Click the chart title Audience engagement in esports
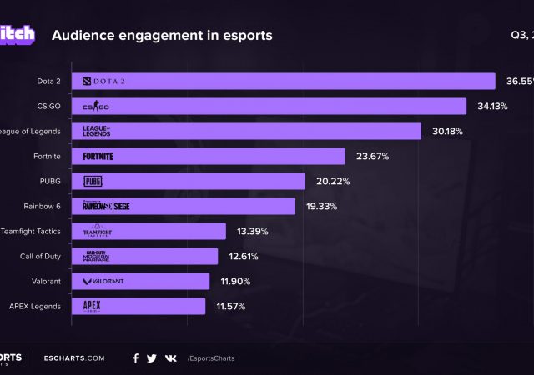[x=162, y=36]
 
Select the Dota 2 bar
[x=285, y=81]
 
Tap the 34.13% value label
[x=491, y=106]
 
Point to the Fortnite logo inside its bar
[x=98, y=156]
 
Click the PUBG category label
[x=49, y=181]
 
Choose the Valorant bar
[x=141, y=281]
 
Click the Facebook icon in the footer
[x=135, y=358]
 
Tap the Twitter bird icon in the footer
[x=152, y=358]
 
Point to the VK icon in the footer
[x=170, y=358]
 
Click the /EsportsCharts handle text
[x=211, y=358]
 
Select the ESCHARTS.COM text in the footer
[x=74, y=358]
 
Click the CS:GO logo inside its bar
[x=96, y=106]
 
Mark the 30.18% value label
[x=446, y=131]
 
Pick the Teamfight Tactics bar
[x=149, y=231]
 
